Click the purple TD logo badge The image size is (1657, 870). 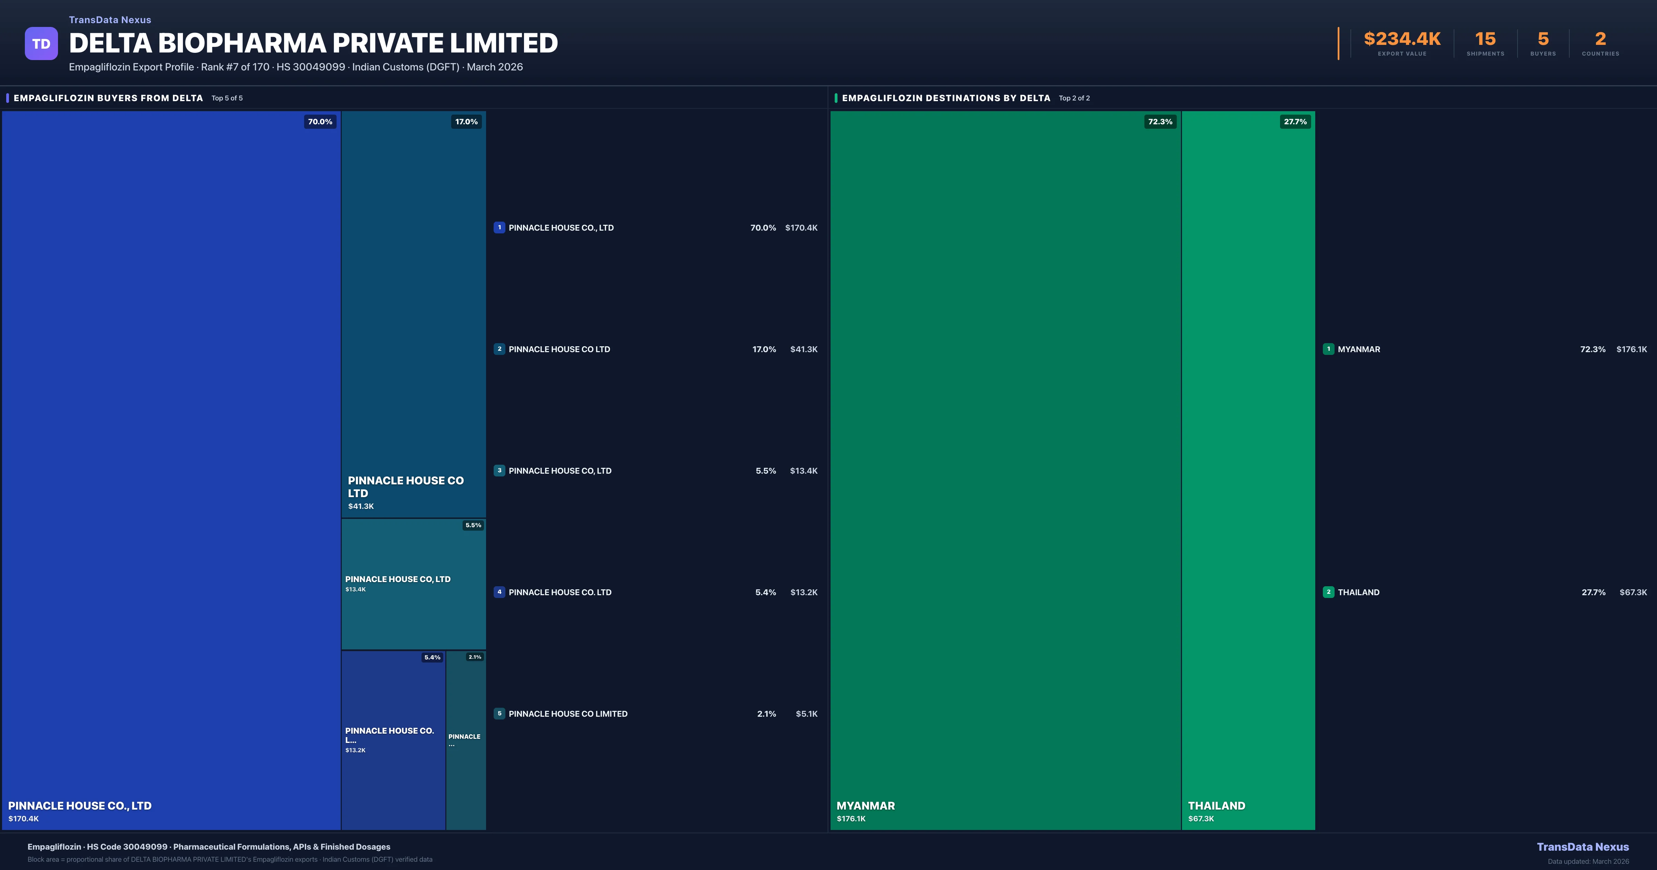point(41,44)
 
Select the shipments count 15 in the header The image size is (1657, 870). point(1485,39)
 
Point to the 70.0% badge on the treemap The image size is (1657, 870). point(320,122)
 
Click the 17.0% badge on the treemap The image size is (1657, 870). point(466,122)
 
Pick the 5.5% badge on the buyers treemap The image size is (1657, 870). point(473,525)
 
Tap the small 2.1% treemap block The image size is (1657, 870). point(466,740)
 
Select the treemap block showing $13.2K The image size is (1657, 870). point(393,740)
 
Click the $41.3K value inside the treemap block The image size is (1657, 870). point(361,506)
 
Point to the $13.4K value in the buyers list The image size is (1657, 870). point(803,471)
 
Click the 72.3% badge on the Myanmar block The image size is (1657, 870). point(1160,122)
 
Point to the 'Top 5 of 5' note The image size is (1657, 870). point(227,98)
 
